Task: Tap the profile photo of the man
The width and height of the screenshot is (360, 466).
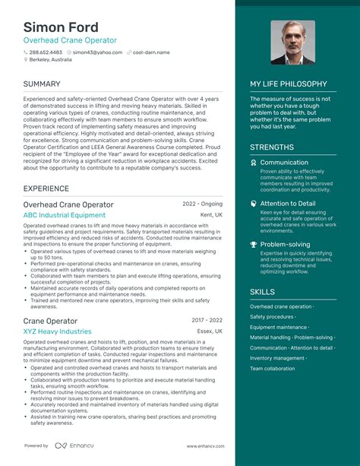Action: [x=292, y=43]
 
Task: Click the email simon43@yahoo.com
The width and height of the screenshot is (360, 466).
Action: [x=100, y=52]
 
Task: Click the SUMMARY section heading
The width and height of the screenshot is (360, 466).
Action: [x=43, y=84]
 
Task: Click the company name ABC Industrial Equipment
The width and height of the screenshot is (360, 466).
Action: [x=65, y=215]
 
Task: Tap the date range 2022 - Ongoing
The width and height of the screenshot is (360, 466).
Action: [x=203, y=204]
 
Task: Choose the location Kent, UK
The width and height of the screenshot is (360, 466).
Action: [x=211, y=215]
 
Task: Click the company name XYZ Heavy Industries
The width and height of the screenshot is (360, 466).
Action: [x=57, y=331]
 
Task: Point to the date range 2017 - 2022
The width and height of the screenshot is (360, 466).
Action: [x=207, y=321]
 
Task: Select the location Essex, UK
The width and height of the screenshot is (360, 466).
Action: [x=209, y=331]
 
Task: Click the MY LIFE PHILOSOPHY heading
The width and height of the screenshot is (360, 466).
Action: [x=289, y=84]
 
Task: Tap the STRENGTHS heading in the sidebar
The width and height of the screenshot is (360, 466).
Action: [x=271, y=146]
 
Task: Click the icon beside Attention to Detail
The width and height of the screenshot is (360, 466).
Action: [x=254, y=204]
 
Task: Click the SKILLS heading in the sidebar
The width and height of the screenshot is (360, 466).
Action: [x=263, y=291]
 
